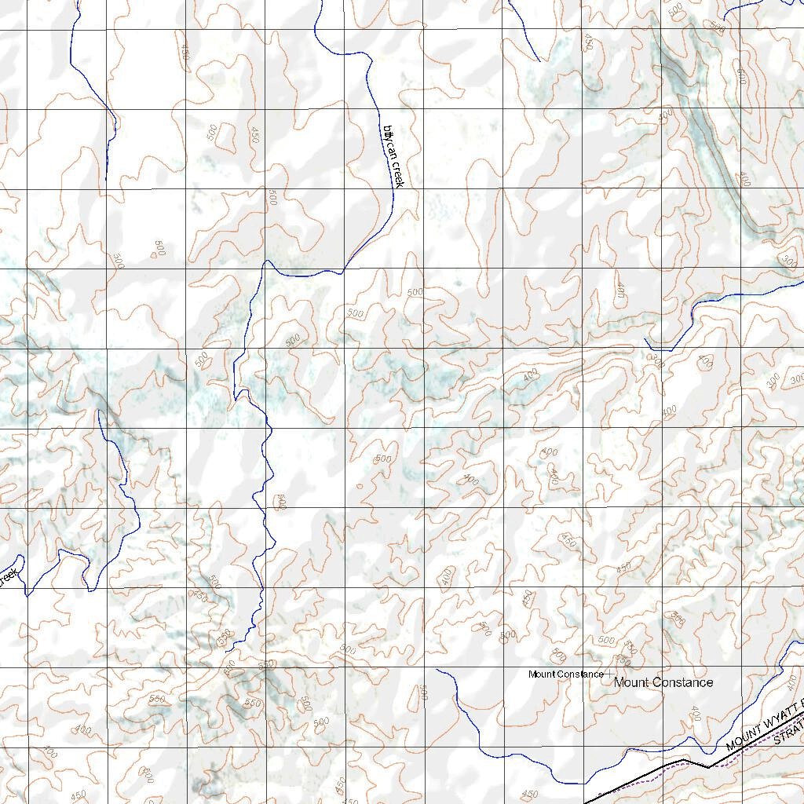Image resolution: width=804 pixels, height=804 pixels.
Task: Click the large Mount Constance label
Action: coord(663,682)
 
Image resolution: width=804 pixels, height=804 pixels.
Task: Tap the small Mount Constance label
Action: coord(565,674)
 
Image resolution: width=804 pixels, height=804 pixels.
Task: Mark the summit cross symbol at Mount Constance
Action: coord(609,674)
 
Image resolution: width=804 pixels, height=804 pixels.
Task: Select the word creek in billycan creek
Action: coord(397,174)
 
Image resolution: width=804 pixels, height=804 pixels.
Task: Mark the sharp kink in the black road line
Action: coord(707,767)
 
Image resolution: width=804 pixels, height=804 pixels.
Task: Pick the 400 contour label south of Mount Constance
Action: coord(694,713)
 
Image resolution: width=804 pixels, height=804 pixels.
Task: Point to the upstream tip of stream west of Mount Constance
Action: coord(437,670)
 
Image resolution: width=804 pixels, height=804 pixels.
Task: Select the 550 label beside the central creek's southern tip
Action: coord(224,635)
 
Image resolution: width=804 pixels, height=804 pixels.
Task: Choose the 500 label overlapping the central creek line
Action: coord(280,502)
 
